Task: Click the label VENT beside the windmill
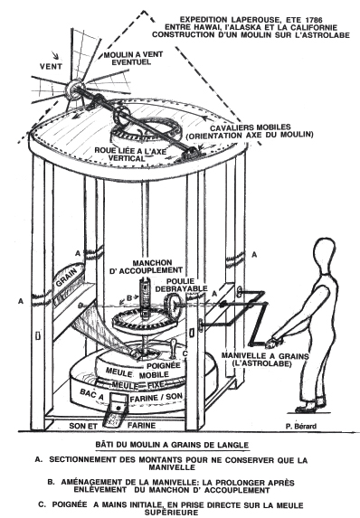tap(51, 66)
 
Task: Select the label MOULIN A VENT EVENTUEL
tap(133, 58)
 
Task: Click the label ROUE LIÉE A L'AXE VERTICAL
tap(130, 155)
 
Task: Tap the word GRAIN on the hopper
tap(67, 278)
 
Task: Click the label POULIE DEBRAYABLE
tap(186, 285)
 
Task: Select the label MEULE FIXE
tap(138, 385)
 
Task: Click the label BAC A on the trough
tap(92, 394)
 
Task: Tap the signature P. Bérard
tap(300, 426)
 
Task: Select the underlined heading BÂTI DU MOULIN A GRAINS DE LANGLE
tap(172, 445)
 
